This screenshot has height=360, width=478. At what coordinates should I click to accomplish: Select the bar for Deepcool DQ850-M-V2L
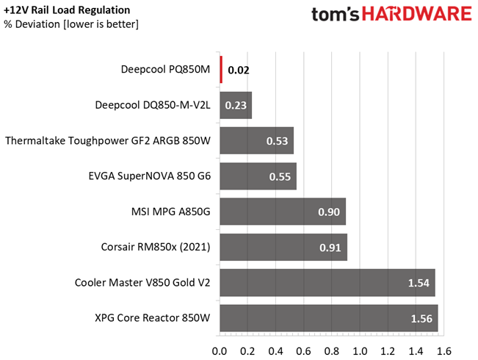(236, 105)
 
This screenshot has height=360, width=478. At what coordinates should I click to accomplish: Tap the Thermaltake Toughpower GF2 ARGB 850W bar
(256, 140)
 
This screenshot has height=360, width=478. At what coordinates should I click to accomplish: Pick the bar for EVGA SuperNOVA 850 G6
(258, 176)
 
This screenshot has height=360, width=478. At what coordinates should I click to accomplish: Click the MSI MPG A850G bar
(283, 212)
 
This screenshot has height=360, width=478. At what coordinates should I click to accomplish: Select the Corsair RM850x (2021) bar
(283, 247)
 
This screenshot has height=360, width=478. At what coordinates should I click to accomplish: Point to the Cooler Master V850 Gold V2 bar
(327, 282)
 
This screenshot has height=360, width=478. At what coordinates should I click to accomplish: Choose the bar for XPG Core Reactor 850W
(329, 318)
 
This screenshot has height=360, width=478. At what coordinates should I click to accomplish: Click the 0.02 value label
(238, 71)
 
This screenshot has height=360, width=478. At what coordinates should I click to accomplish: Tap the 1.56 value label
(422, 319)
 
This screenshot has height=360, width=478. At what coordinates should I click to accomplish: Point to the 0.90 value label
(330, 212)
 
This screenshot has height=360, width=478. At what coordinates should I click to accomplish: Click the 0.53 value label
(278, 141)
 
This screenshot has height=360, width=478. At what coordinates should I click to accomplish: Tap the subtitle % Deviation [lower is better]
(70, 25)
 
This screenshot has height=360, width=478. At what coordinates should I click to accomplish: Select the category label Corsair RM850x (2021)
(155, 248)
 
